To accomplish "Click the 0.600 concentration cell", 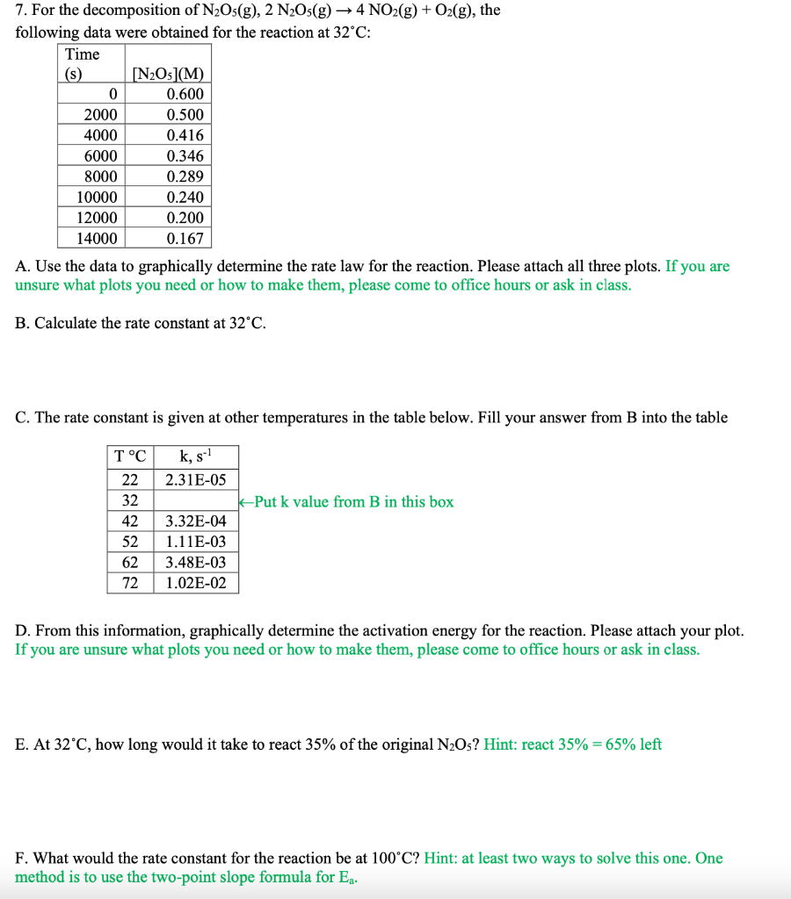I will [185, 94].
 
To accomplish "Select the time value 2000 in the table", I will [100, 115].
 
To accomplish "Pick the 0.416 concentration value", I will [185, 135].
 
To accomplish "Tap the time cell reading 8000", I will [100, 176].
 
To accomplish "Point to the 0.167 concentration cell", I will [185, 238].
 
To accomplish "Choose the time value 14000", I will [97, 238].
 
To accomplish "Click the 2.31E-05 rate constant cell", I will [195, 479].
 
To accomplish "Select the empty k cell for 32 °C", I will [195, 500].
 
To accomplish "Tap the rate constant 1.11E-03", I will [195, 542].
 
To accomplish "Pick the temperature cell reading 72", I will [130, 583].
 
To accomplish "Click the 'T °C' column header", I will [130, 457].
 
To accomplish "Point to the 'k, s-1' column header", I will [195, 457].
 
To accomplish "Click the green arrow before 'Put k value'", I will [246, 502].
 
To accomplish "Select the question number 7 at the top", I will [20, 11].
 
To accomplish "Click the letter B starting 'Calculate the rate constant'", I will [21, 323].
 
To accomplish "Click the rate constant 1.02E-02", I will [195, 583].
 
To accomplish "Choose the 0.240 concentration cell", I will [185, 197].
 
